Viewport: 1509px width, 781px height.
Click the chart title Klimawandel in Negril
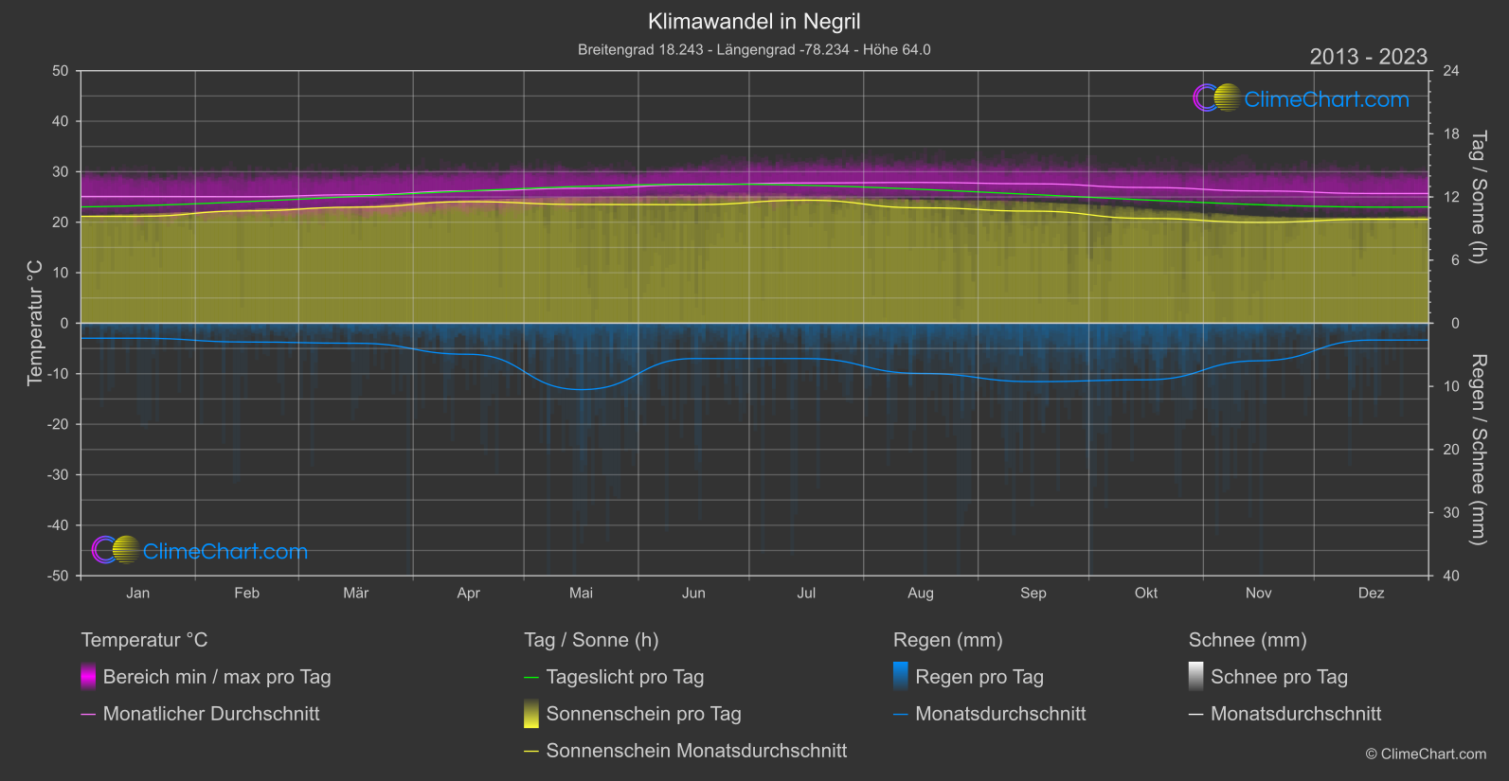point(754,21)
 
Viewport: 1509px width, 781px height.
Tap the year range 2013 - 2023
point(1368,57)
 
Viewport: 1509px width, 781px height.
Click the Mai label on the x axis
point(581,593)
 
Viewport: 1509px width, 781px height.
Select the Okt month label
point(1145,593)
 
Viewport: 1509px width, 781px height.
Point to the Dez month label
point(1371,593)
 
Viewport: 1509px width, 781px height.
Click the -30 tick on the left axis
point(58,475)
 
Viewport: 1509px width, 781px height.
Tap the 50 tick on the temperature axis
point(61,71)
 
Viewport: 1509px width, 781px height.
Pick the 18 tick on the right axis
point(1451,134)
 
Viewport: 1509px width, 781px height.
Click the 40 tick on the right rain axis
point(1451,576)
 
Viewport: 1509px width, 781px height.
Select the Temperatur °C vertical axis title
point(35,323)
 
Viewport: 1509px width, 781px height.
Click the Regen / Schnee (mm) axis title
point(1478,450)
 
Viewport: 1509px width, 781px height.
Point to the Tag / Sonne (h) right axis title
point(1478,197)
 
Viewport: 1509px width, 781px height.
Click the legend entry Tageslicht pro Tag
point(624,677)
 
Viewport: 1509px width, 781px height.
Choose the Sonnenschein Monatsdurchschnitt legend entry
point(696,751)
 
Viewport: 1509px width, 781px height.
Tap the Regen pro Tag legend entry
point(979,677)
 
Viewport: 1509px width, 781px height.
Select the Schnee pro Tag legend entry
point(1279,677)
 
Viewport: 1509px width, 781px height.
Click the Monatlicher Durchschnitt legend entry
point(210,714)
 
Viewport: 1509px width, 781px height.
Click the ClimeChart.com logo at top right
point(1302,98)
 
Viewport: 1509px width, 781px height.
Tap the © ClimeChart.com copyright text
point(1426,754)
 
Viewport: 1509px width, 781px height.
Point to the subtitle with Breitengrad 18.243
point(754,49)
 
